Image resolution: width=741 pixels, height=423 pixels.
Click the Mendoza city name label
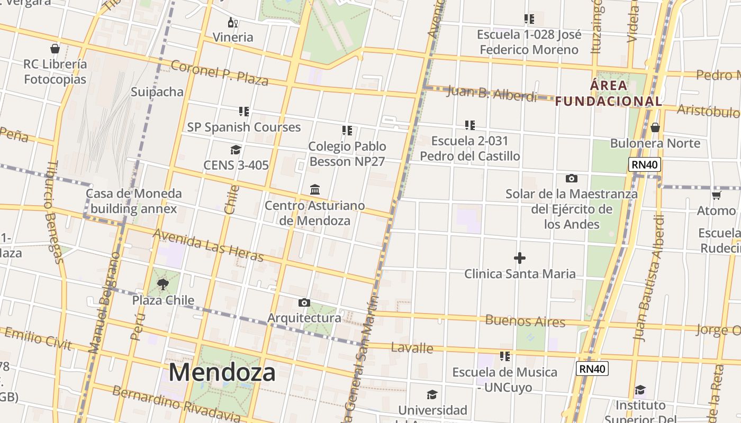click(222, 373)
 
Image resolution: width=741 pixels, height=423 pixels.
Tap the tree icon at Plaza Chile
click(163, 285)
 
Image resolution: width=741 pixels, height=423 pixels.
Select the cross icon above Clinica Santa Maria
click(520, 258)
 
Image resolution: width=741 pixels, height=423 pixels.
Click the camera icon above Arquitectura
click(304, 302)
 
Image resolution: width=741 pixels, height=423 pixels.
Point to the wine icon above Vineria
click(232, 22)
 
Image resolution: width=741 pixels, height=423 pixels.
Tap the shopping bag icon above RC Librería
click(55, 49)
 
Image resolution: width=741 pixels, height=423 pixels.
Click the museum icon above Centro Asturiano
click(315, 189)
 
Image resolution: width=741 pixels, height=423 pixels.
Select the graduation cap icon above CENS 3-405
click(236, 150)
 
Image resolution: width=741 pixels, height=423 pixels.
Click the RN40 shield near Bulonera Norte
click(644, 164)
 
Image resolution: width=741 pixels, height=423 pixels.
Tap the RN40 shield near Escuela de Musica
click(592, 369)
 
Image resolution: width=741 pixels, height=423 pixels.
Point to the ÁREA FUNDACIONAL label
click(609, 93)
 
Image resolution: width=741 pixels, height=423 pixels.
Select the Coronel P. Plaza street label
click(219, 72)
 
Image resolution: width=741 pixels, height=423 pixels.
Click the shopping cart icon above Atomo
click(716, 196)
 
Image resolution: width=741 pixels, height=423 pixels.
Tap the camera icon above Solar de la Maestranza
click(571, 178)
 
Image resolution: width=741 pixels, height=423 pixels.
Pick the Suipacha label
click(157, 92)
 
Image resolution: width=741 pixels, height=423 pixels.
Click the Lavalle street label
click(412, 347)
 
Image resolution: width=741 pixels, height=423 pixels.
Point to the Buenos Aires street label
click(525, 320)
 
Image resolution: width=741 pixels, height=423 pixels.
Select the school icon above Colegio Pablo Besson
click(347, 130)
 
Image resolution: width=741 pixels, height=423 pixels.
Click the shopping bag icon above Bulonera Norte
click(655, 127)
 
